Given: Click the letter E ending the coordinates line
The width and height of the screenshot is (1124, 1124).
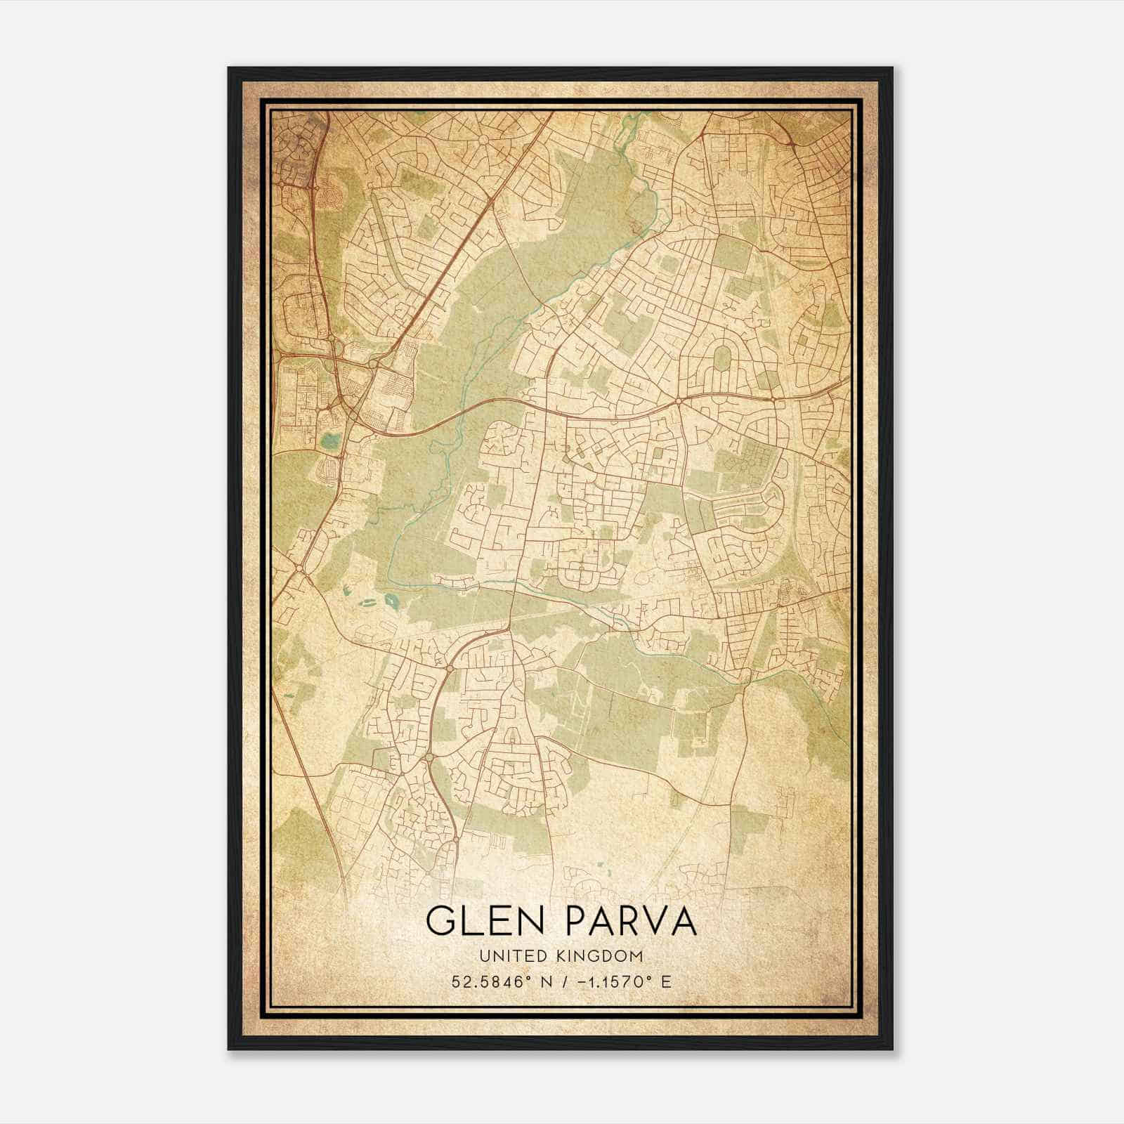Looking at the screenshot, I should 666,981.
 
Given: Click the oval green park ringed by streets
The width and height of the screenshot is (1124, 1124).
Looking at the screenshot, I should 721,360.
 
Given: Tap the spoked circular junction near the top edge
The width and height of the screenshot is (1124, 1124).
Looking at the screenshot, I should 483,140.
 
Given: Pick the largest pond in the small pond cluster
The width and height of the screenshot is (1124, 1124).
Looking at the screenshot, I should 391,601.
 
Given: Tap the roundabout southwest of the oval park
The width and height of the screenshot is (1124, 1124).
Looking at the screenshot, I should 680,402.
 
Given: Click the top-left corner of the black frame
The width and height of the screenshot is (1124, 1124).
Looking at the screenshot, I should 229,68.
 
